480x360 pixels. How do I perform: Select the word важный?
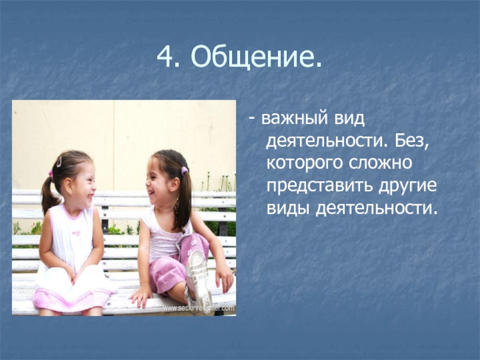pyautogui.click(x=295, y=119)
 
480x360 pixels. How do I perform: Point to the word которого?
pyautogui.click(x=304, y=163)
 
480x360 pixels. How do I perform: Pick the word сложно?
pyautogui.click(x=380, y=163)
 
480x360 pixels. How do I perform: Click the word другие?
pyautogui.click(x=407, y=186)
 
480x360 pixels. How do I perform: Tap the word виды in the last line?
pyautogui.click(x=287, y=208)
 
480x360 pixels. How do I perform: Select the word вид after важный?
pyautogui.click(x=349, y=119)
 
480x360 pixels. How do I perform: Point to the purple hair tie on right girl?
pyautogui.click(x=184, y=170)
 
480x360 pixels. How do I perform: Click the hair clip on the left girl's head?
pyautogui.click(x=59, y=161)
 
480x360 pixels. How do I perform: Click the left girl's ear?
pyautogui.click(x=68, y=185)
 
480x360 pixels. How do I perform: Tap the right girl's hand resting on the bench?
pyautogui.click(x=142, y=296)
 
